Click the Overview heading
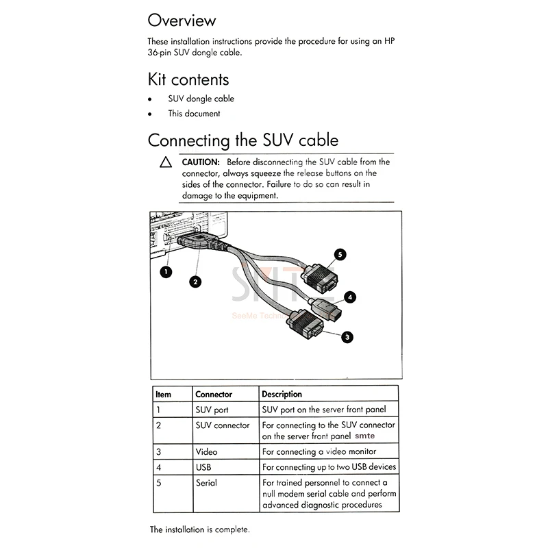point(182,20)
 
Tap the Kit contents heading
point(188,79)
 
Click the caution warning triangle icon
point(165,163)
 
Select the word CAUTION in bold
point(200,162)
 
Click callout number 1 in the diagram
point(164,272)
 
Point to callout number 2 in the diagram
point(196,281)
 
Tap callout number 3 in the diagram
point(347,336)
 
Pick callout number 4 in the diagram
point(350,297)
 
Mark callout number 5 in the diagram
point(340,255)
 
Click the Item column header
point(163,395)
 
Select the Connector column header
point(214,395)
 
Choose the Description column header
point(282,395)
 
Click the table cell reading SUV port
point(212,410)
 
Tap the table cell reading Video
point(206,451)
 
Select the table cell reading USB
point(204,467)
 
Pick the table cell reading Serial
point(206,483)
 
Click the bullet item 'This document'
point(194,114)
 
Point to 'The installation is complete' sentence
point(200,530)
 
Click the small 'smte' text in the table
point(365,436)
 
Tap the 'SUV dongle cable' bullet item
point(201,99)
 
